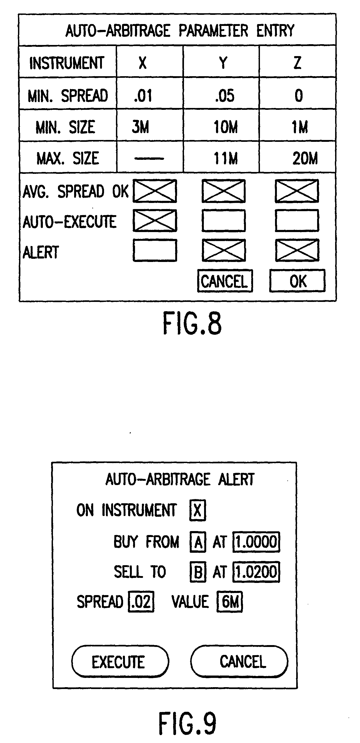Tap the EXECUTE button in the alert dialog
[120, 662]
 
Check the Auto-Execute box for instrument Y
[224, 221]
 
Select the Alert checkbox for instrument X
[155, 250]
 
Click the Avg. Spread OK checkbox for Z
[297, 191]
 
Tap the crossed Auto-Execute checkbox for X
[155, 221]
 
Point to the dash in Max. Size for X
[149, 158]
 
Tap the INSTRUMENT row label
[67, 63]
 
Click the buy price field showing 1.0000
[256, 542]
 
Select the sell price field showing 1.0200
[256, 572]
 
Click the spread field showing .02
[141, 602]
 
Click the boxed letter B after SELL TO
[198, 572]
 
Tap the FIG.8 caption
[192, 323]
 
